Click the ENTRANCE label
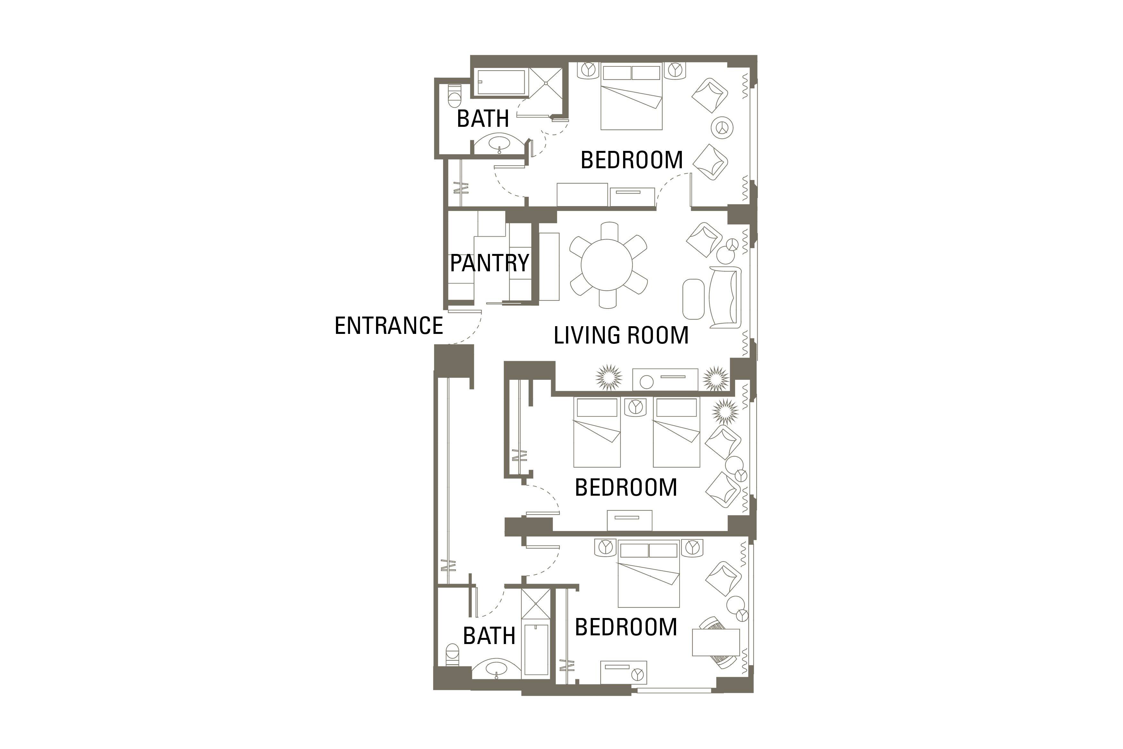point(389,326)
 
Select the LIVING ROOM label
point(621,335)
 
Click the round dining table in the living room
point(607,265)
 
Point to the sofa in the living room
point(725,297)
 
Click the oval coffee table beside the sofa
point(693,299)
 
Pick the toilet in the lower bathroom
point(451,654)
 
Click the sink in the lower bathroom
point(496,669)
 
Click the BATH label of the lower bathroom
point(489,636)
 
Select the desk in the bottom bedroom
point(716,642)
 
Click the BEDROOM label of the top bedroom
point(631,160)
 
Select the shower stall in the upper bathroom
point(545,83)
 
